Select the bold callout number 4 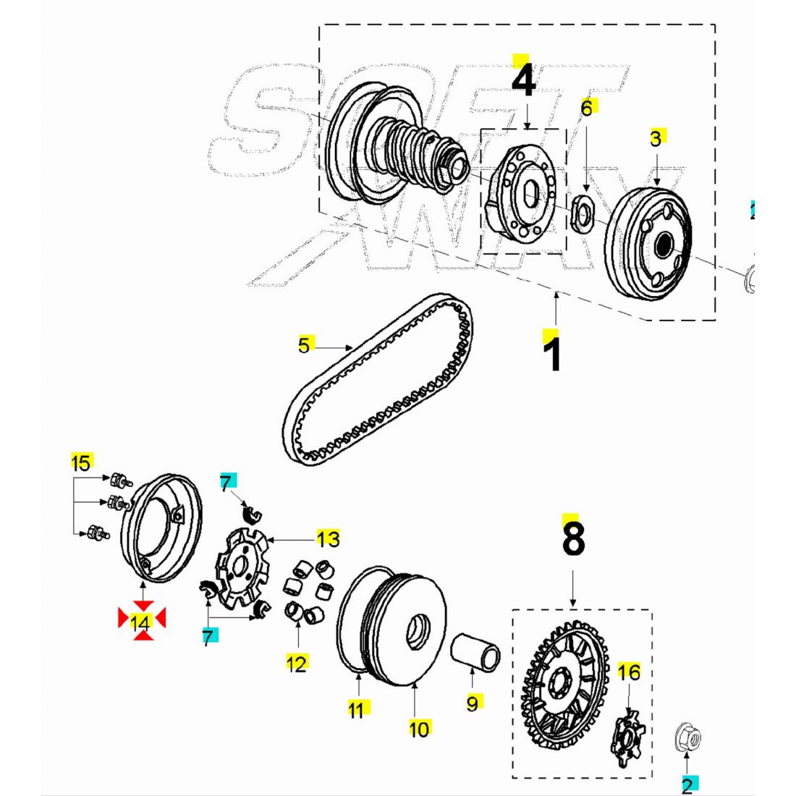click(523, 81)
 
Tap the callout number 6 click(587, 108)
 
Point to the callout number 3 click(656, 138)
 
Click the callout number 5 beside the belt click(304, 345)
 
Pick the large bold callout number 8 click(572, 538)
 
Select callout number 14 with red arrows click(141, 621)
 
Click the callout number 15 click(81, 462)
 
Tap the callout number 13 click(328, 538)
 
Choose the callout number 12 click(297, 663)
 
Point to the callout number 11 click(356, 710)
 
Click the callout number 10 click(420, 729)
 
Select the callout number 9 click(473, 703)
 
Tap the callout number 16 click(629, 672)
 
